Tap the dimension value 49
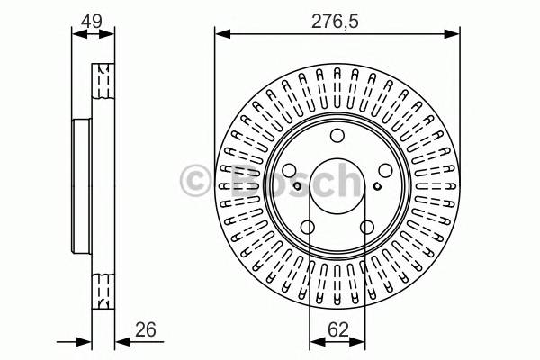pyautogui.click(x=90, y=18)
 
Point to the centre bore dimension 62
pyautogui.click(x=338, y=330)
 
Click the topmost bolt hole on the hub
pyautogui.click(x=337, y=136)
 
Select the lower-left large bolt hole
pyautogui.click(x=307, y=228)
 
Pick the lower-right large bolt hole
pyautogui.click(x=366, y=228)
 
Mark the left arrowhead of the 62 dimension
pyautogui.click(x=314, y=342)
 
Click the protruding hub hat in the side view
pyautogui.click(x=81, y=184)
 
